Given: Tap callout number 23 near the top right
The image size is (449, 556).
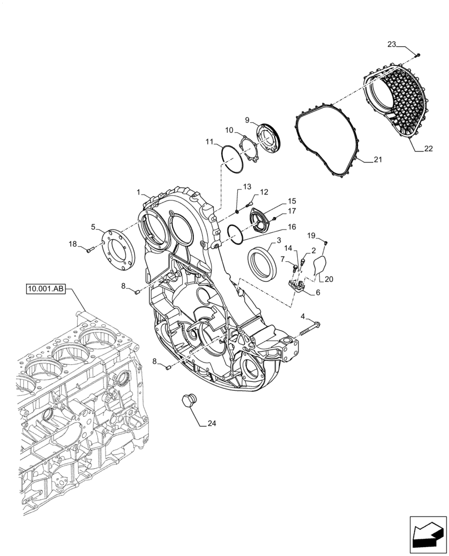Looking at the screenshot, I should pyautogui.click(x=392, y=44).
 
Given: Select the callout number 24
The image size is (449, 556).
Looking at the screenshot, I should pyautogui.click(x=211, y=424).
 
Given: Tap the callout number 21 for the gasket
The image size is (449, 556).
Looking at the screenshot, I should pyautogui.click(x=377, y=160).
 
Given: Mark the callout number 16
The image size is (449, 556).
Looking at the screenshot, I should pyautogui.click(x=291, y=227).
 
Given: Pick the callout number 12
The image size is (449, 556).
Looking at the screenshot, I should pyautogui.click(x=263, y=192).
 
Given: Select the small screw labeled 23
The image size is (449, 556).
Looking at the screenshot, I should pyautogui.click(x=417, y=54).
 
